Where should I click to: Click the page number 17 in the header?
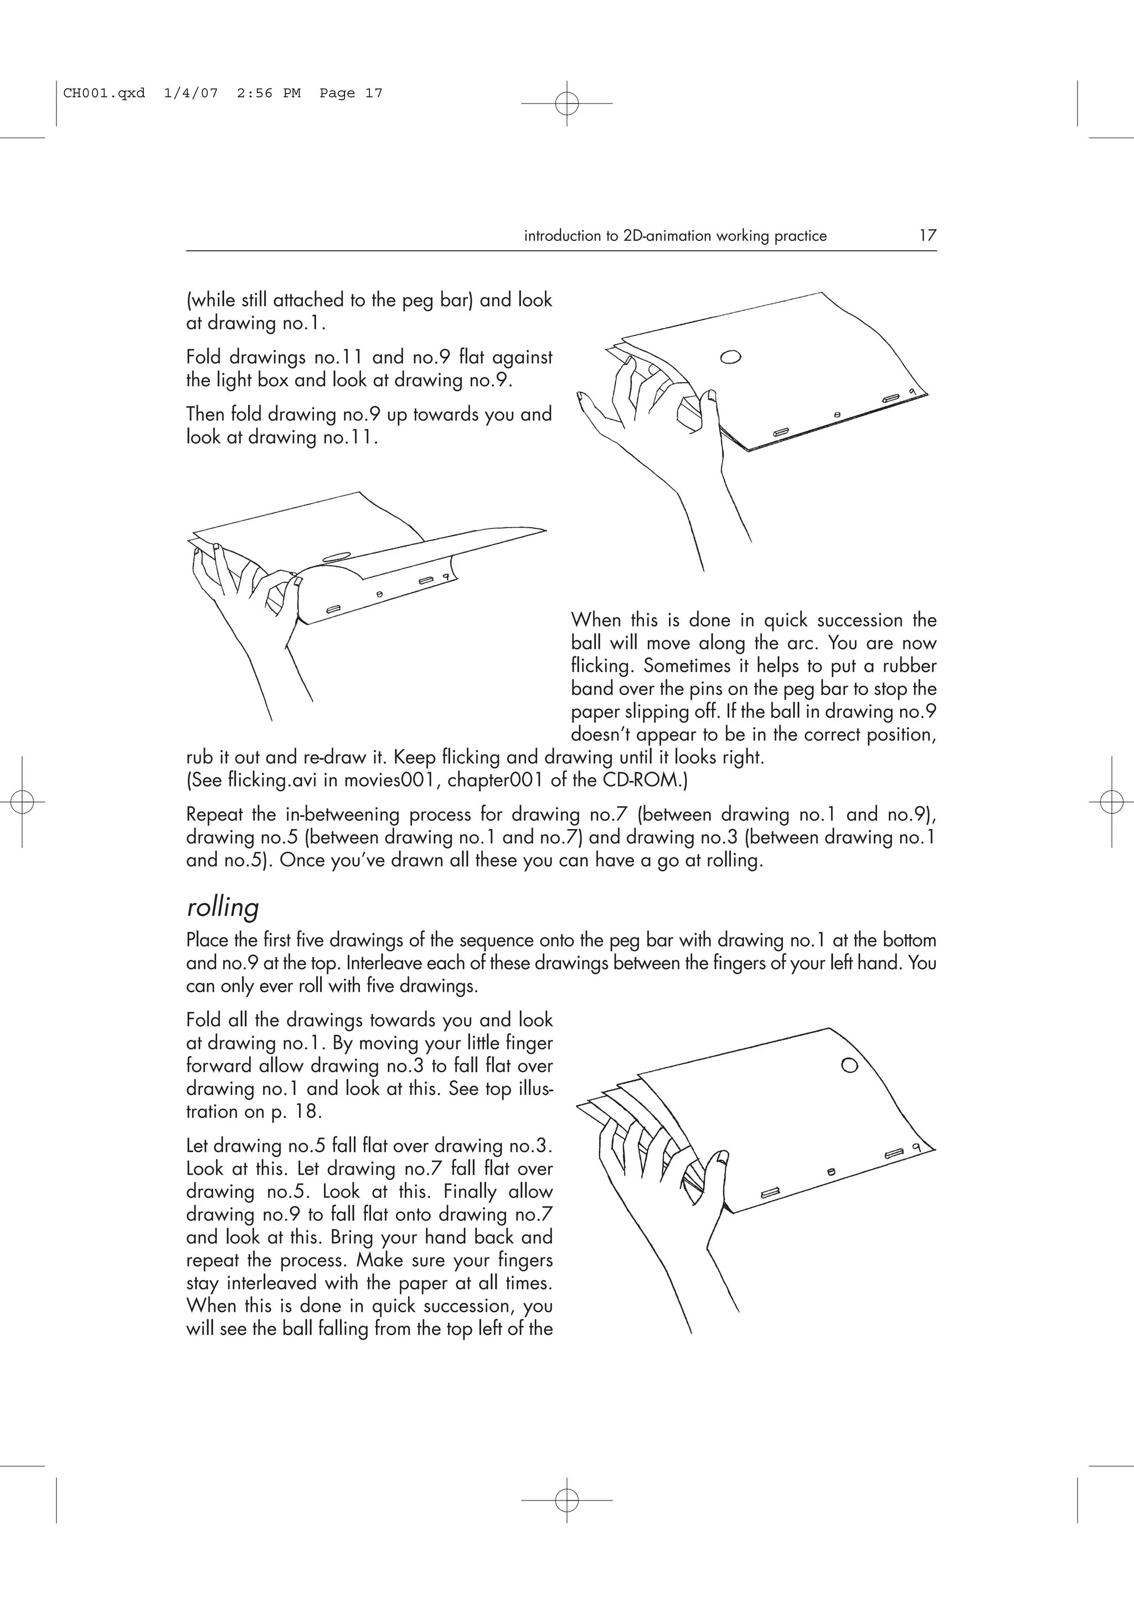click(x=926, y=235)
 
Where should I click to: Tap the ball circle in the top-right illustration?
click(x=730, y=357)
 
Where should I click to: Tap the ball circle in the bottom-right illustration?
click(x=849, y=1065)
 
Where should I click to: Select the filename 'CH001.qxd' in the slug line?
click(x=104, y=93)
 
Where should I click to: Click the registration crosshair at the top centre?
click(x=566, y=104)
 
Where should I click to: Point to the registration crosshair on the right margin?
click(x=1111, y=802)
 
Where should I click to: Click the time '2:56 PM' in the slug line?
click(x=269, y=93)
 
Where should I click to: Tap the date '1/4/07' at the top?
click(x=190, y=93)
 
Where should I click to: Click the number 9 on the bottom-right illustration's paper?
click(x=915, y=1148)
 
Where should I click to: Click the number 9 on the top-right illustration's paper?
click(x=912, y=391)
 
